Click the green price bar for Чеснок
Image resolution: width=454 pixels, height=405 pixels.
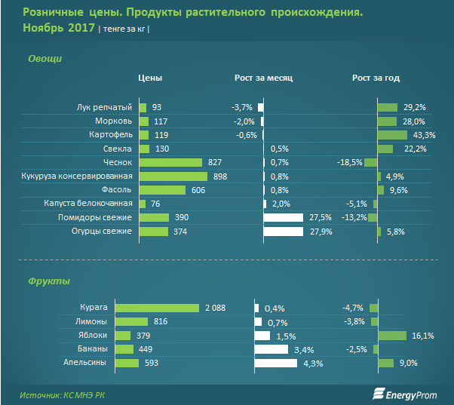pyautogui.click(x=170, y=162)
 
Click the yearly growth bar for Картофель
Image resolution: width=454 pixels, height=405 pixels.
pyautogui.click(x=392, y=135)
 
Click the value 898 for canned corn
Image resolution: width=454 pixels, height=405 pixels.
pyautogui.click(x=221, y=176)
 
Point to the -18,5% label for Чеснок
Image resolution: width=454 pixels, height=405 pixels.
pyautogui.click(x=349, y=162)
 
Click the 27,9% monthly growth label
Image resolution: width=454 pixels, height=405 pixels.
pyautogui.click(x=322, y=232)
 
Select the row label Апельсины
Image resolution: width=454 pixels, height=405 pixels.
pyautogui.click(x=109, y=364)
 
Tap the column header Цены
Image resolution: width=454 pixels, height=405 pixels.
pyautogui.click(x=150, y=78)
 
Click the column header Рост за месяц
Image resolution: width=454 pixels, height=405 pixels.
pyautogui.click(x=263, y=78)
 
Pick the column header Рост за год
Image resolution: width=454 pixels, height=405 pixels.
pyautogui.click(x=376, y=78)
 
